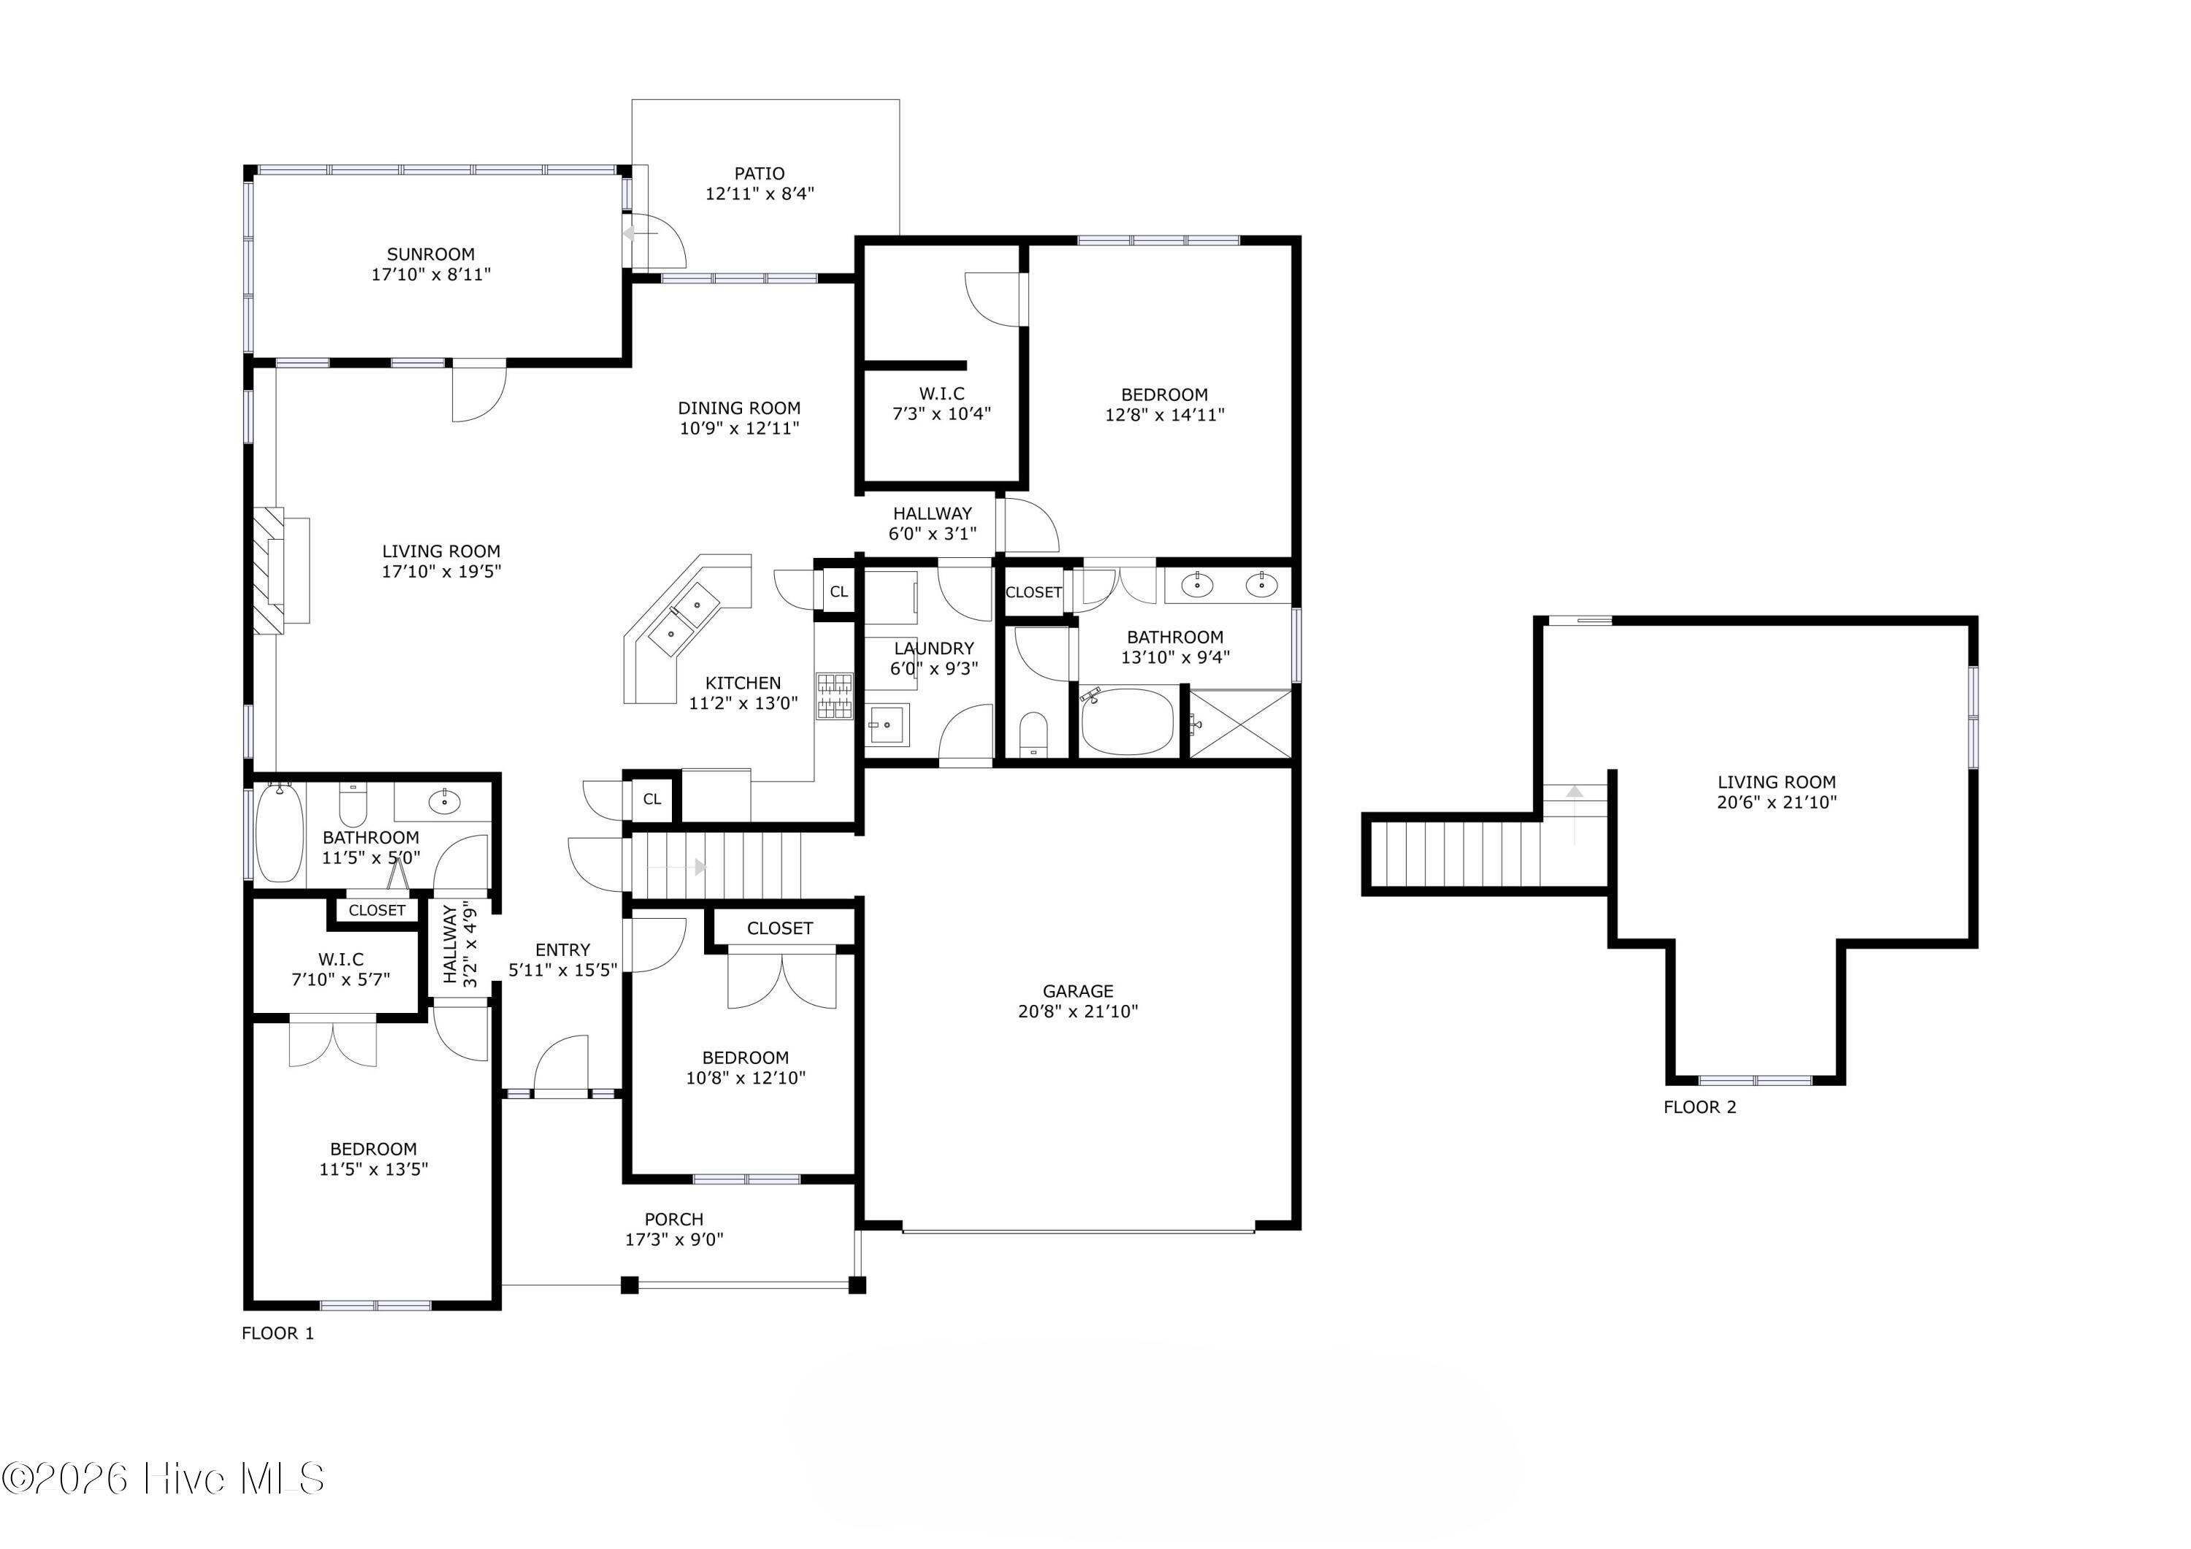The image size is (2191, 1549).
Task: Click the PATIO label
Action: tap(760, 174)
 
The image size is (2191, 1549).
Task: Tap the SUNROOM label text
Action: tap(430, 254)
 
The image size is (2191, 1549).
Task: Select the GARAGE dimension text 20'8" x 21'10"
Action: tap(1078, 1011)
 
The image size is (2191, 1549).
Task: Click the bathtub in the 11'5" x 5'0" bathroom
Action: tap(280, 833)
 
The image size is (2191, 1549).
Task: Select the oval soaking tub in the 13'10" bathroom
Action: tap(1127, 722)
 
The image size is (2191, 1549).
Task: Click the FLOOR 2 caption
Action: tap(1699, 1107)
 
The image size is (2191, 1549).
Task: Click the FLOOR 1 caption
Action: tap(278, 1334)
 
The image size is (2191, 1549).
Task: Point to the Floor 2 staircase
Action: tap(1456, 854)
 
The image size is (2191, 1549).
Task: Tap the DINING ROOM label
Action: tap(740, 408)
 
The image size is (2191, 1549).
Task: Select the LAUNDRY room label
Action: tap(934, 648)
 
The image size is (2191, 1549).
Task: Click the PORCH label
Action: tap(673, 1219)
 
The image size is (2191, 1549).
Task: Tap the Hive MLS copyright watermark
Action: tap(163, 1478)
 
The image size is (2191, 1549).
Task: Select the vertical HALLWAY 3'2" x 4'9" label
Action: tap(459, 945)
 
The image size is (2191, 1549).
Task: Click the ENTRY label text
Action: tap(563, 949)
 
